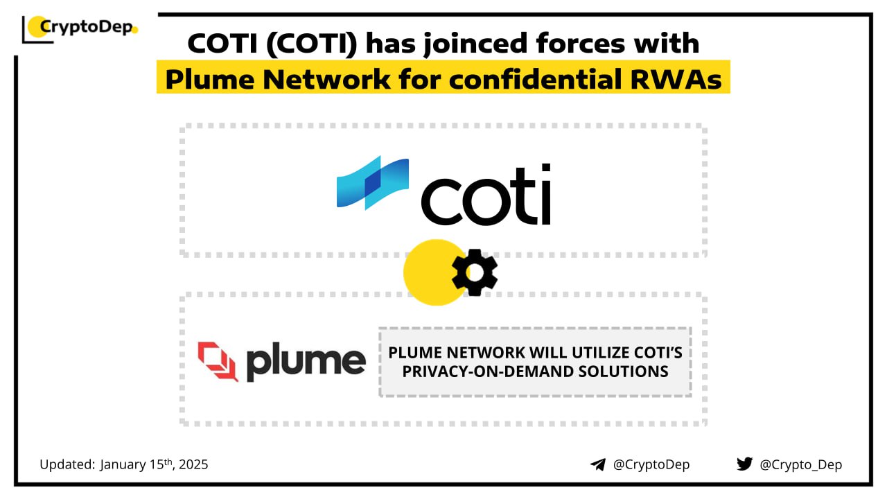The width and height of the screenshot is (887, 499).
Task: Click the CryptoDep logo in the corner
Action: point(80,28)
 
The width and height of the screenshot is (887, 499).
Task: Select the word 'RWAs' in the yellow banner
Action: point(676,79)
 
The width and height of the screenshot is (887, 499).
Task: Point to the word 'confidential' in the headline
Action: point(536,79)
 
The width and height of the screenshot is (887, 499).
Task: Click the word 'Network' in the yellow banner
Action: point(326,79)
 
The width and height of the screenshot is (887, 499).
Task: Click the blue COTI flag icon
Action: point(373,182)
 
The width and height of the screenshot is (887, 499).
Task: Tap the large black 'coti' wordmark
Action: point(486,195)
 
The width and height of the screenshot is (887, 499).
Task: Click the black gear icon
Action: point(475,272)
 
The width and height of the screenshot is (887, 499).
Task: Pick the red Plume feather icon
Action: point(218,361)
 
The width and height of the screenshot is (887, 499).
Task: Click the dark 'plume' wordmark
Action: point(306,362)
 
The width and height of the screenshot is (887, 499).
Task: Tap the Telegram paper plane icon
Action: point(598,464)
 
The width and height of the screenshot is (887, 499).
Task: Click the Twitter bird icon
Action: point(745,464)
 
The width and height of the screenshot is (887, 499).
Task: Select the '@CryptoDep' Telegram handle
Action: point(651,464)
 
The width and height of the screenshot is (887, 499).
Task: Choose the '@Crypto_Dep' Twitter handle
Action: point(800,464)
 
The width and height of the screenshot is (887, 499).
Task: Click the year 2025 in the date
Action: point(193,464)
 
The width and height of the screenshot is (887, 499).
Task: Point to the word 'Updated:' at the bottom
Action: point(67,464)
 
